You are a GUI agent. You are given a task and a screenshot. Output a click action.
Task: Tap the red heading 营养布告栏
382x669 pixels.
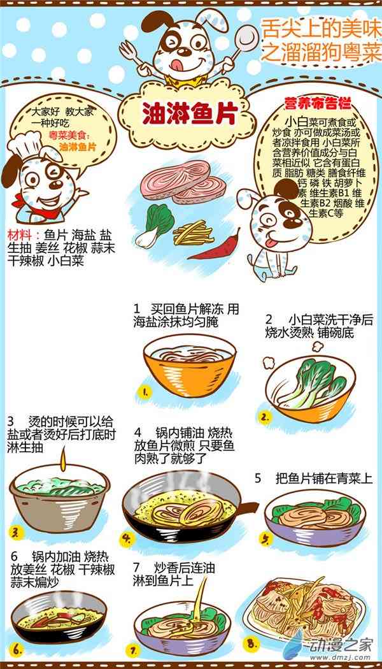pyautogui.click(x=317, y=103)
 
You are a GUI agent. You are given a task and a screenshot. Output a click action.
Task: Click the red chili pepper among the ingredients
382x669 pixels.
pyautogui.click(x=215, y=246)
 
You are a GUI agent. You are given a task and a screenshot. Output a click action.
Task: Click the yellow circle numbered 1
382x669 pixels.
pyautogui.click(x=145, y=391)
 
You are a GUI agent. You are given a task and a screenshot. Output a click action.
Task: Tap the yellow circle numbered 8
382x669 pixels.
pyautogui.click(x=251, y=643)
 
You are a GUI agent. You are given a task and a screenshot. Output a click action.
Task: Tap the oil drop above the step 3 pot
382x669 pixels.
pyautogui.click(x=64, y=459)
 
